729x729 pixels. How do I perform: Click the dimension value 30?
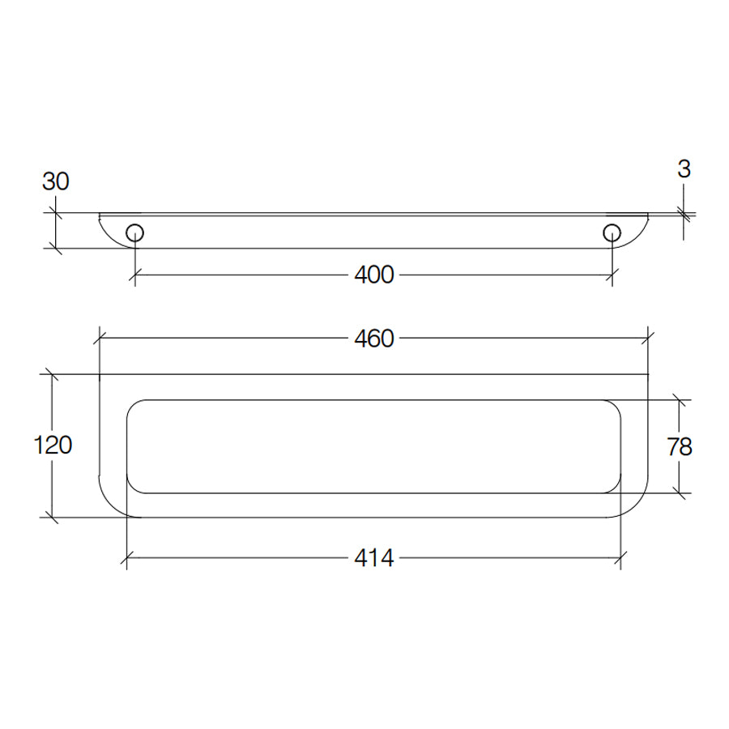point(56,181)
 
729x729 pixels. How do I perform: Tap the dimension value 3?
point(684,168)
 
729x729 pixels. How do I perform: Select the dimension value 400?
point(373,275)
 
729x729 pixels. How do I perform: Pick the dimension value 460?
point(373,339)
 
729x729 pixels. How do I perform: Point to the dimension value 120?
point(53,445)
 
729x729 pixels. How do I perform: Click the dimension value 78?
point(680,446)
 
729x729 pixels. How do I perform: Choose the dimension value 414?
point(373,557)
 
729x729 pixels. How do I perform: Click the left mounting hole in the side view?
point(135,233)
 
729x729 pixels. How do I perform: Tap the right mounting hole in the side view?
point(612,233)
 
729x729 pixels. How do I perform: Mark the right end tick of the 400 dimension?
point(612,275)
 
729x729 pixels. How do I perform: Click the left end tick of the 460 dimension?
point(100,339)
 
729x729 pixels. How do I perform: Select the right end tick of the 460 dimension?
point(648,339)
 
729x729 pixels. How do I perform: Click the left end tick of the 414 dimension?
point(127,557)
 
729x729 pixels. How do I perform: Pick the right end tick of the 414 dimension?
point(621,557)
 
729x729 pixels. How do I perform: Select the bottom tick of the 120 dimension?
point(53,517)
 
